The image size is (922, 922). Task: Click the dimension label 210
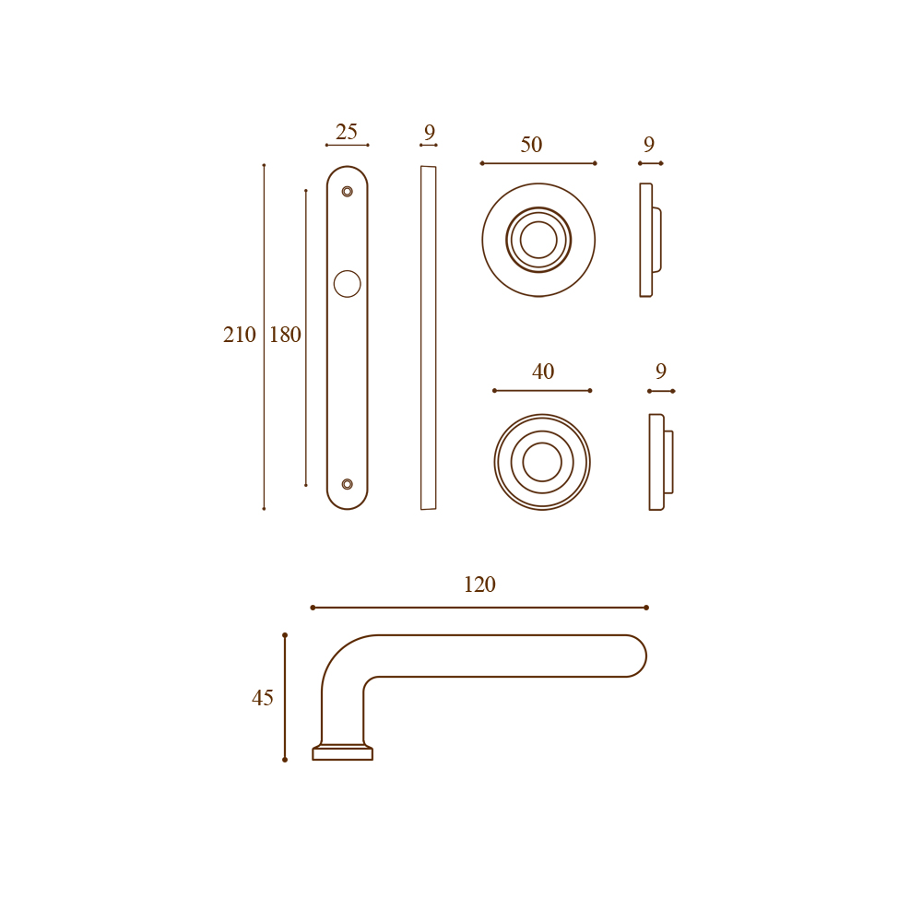coord(240,335)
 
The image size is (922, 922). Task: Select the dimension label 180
coord(285,335)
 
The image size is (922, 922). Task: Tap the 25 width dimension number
coord(347,132)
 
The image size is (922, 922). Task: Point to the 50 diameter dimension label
coord(531,145)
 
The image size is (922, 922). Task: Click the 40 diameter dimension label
coord(543,372)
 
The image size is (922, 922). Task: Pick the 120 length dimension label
coord(479,585)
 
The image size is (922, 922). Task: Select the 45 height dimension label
coord(262,698)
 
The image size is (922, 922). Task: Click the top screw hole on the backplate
coord(347,192)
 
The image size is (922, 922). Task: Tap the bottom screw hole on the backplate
coord(347,484)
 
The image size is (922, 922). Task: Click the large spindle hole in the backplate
coord(347,284)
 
